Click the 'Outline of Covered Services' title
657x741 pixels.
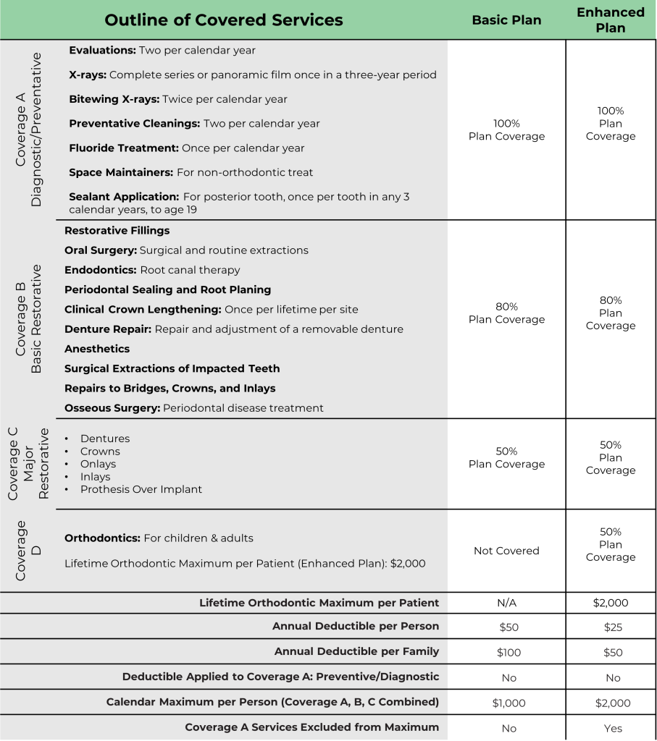(x=224, y=20)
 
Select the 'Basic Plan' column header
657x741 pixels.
(x=506, y=20)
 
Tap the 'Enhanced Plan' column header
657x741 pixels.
(x=611, y=20)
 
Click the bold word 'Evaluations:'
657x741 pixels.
(x=102, y=51)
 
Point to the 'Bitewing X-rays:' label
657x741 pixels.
(x=114, y=99)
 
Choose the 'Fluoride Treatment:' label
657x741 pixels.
(x=124, y=148)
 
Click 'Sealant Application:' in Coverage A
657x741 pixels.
(x=124, y=197)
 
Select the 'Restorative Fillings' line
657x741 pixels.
(x=117, y=231)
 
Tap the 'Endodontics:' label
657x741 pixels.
(x=101, y=270)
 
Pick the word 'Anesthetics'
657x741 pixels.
(x=97, y=349)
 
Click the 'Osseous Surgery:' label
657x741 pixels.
(x=112, y=408)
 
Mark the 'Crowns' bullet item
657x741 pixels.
(x=100, y=452)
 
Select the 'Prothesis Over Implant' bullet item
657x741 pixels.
(x=141, y=490)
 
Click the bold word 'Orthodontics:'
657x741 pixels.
(x=102, y=538)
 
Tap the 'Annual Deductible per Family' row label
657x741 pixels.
(x=356, y=652)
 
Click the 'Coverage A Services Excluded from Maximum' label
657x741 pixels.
(x=312, y=727)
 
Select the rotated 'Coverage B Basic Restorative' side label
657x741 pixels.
(x=30, y=319)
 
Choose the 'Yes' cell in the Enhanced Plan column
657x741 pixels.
(x=613, y=728)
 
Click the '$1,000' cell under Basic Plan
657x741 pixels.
(x=509, y=703)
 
